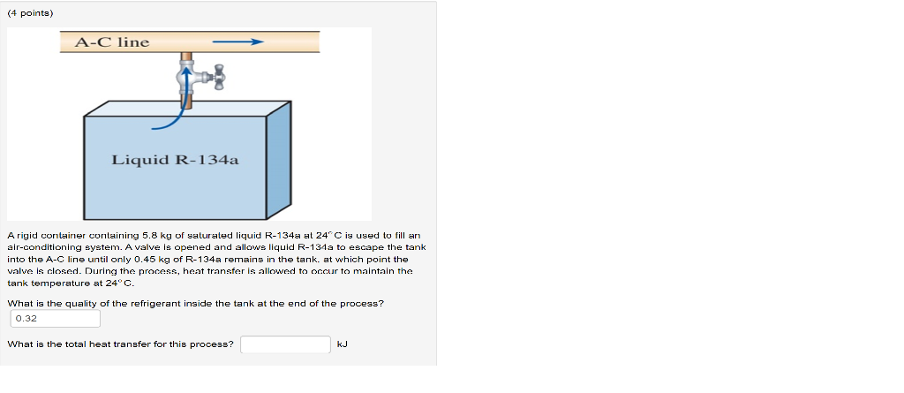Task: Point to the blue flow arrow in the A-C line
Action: coord(238,42)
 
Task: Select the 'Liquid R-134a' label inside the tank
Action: coord(175,160)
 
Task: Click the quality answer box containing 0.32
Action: coord(54,318)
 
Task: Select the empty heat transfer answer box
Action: coord(286,344)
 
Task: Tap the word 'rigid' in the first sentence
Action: coord(26,236)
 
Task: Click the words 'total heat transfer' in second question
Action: coord(114,344)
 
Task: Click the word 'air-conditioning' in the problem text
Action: coord(38,248)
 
